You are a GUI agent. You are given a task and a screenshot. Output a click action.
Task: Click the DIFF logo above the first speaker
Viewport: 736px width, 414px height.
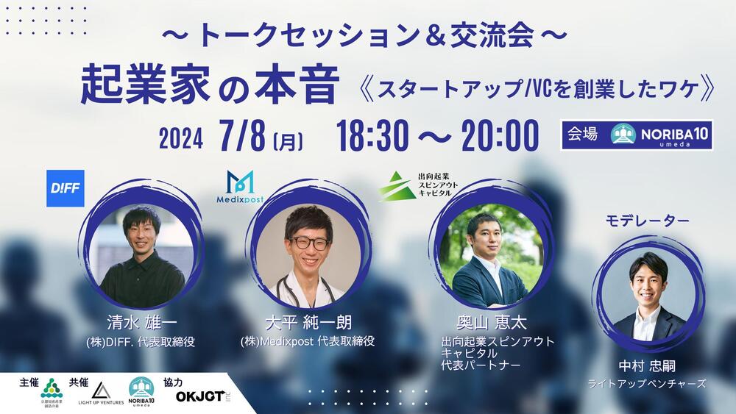click(65, 188)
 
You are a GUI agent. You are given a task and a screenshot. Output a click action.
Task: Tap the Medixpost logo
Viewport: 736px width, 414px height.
click(240, 189)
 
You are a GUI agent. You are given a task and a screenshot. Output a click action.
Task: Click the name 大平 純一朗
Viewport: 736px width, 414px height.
click(308, 323)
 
